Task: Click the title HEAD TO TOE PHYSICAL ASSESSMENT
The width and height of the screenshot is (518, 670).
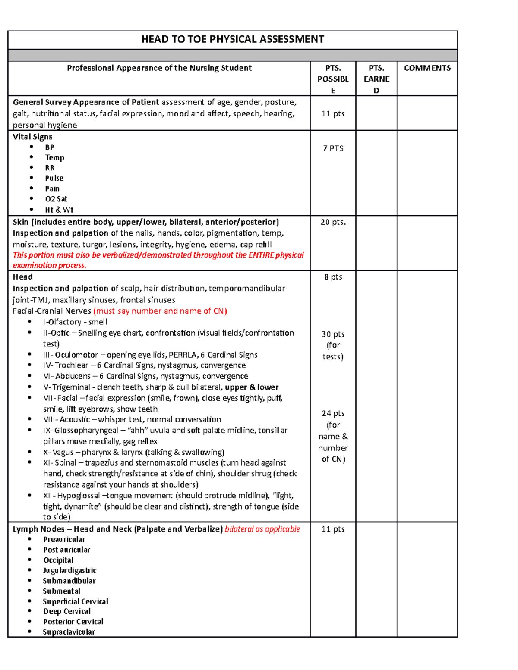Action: [232, 39]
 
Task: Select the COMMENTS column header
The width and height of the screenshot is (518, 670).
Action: [427, 68]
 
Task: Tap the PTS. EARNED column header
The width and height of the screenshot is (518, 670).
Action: [376, 79]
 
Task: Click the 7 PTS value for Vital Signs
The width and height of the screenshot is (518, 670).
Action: [333, 148]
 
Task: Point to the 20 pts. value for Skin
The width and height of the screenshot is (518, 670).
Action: [333, 222]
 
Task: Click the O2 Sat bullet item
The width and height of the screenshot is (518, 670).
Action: [56, 199]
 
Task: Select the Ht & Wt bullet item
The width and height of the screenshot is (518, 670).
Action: [59, 210]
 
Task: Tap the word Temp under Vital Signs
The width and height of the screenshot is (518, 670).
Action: [54, 157]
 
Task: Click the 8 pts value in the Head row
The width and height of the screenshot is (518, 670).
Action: [333, 277]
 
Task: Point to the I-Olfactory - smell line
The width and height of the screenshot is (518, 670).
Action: [75, 322]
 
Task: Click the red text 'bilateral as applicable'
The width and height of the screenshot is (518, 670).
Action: [262, 529]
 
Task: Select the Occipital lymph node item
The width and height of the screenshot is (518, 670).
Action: [58, 560]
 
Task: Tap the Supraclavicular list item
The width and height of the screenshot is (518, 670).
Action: [69, 632]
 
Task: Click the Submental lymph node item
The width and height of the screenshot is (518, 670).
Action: [61, 591]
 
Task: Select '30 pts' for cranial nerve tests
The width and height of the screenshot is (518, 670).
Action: [333, 334]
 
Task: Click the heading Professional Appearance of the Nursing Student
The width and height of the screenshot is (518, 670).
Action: [159, 68]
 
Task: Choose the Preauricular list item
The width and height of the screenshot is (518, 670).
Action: [64, 539]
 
